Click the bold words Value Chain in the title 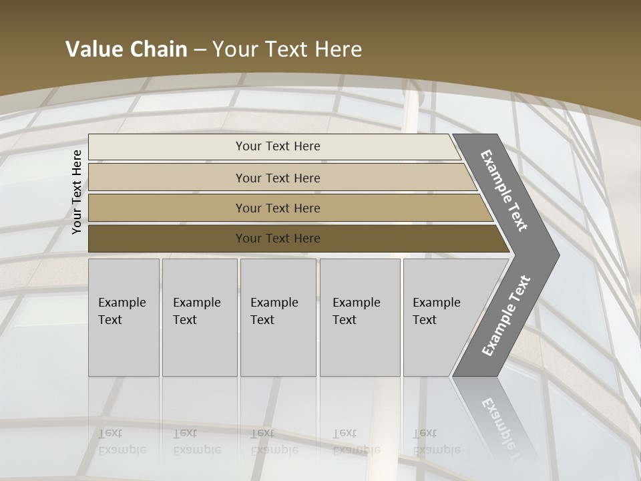(126, 49)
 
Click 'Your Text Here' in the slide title (287, 49)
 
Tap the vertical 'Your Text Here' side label (77, 192)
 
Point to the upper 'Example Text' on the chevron (504, 190)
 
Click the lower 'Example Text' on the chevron (505, 316)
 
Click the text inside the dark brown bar (278, 238)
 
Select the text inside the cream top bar (278, 146)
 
